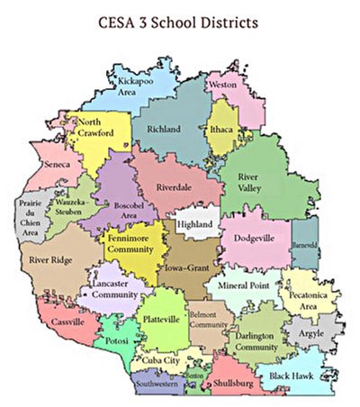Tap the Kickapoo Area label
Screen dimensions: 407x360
[x=138, y=86]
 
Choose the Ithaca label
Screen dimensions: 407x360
[x=221, y=131]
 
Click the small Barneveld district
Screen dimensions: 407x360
[x=305, y=245]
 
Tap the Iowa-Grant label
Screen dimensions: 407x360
[x=185, y=267]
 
